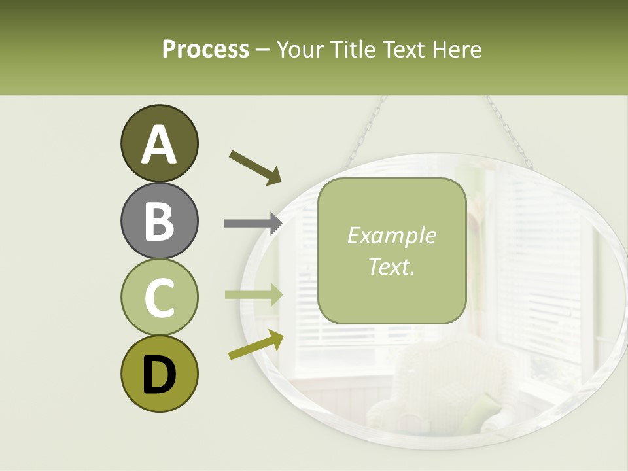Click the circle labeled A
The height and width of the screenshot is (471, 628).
(159, 143)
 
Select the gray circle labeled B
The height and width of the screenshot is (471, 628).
(159, 220)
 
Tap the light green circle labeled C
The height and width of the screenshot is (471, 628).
(159, 297)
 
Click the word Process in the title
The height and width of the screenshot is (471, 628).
(205, 49)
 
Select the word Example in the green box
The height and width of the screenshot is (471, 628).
(391, 235)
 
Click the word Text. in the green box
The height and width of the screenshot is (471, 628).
(391, 266)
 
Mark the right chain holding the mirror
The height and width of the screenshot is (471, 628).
(507, 131)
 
